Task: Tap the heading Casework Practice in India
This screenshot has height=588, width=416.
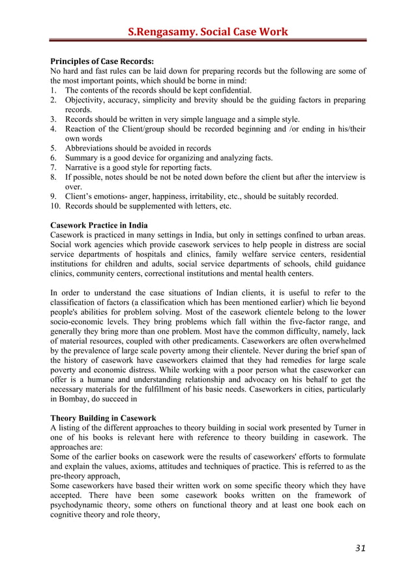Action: click(x=100, y=225)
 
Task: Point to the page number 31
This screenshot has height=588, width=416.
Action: click(x=360, y=548)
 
